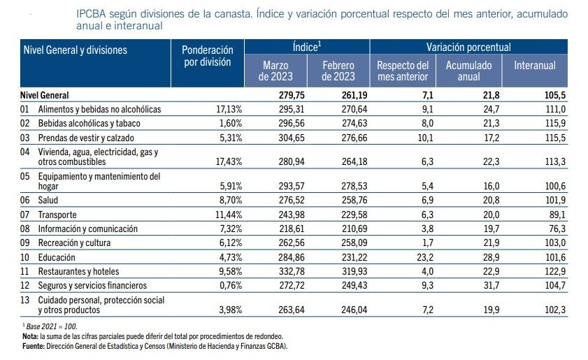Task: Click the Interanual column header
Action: [x=534, y=65]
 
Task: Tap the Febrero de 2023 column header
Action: [x=338, y=71]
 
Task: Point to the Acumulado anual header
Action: [x=468, y=71]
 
